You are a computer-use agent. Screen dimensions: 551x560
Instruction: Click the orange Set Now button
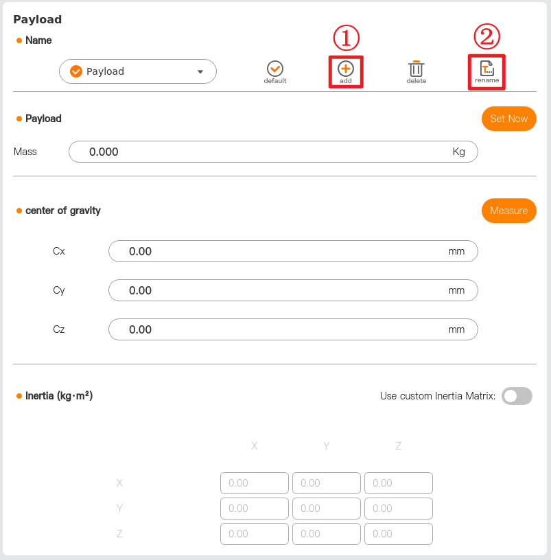pyautogui.click(x=509, y=119)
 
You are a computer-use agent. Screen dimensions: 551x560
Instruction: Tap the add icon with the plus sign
pyautogui.click(x=346, y=69)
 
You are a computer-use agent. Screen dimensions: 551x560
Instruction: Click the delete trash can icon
pyautogui.click(x=416, y=69)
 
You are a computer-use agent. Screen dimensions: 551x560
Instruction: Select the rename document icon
pyautogui.click(x=487, y=68)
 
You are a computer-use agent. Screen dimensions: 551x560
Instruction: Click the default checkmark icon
pyautogui.click(x=275, y=69)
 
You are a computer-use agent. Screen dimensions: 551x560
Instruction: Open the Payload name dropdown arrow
pyautogui.click(x=200, y=72)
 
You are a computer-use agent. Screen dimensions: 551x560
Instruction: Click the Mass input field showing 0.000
pyautogui.click(x=273, y=152)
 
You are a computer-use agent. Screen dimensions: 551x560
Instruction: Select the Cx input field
pyautogui.click(x=293, y=251)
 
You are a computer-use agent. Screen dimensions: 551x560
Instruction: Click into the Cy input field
pyautogui.click(x=293, y=290)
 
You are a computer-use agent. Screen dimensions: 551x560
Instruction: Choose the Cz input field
pyautogui.click(x=293, y=329)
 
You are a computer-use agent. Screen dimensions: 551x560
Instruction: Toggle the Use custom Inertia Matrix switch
pyautogui.click(x=517, y=396)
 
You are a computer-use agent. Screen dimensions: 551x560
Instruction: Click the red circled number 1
pyautogui.click(x=346, y=38)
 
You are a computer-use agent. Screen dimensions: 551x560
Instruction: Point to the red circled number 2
pyautogui.click(x=486, y=36)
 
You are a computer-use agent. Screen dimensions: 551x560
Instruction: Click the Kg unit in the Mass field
pyautogui.click(x=459, y=152)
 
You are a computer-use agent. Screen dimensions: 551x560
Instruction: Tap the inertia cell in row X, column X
pyautogui.click(x=255, y=483)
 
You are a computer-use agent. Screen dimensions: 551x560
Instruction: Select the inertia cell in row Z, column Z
pyautogui.click(x=399, y=533)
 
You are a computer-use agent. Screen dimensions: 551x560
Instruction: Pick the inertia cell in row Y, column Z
pyautogui.click(x=399, y=509)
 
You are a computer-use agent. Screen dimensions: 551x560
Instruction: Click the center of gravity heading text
pyautogui.click(x=63, y=211)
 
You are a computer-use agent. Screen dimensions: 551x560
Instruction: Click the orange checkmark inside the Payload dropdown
pyautogui.click(x=76, y=71)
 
